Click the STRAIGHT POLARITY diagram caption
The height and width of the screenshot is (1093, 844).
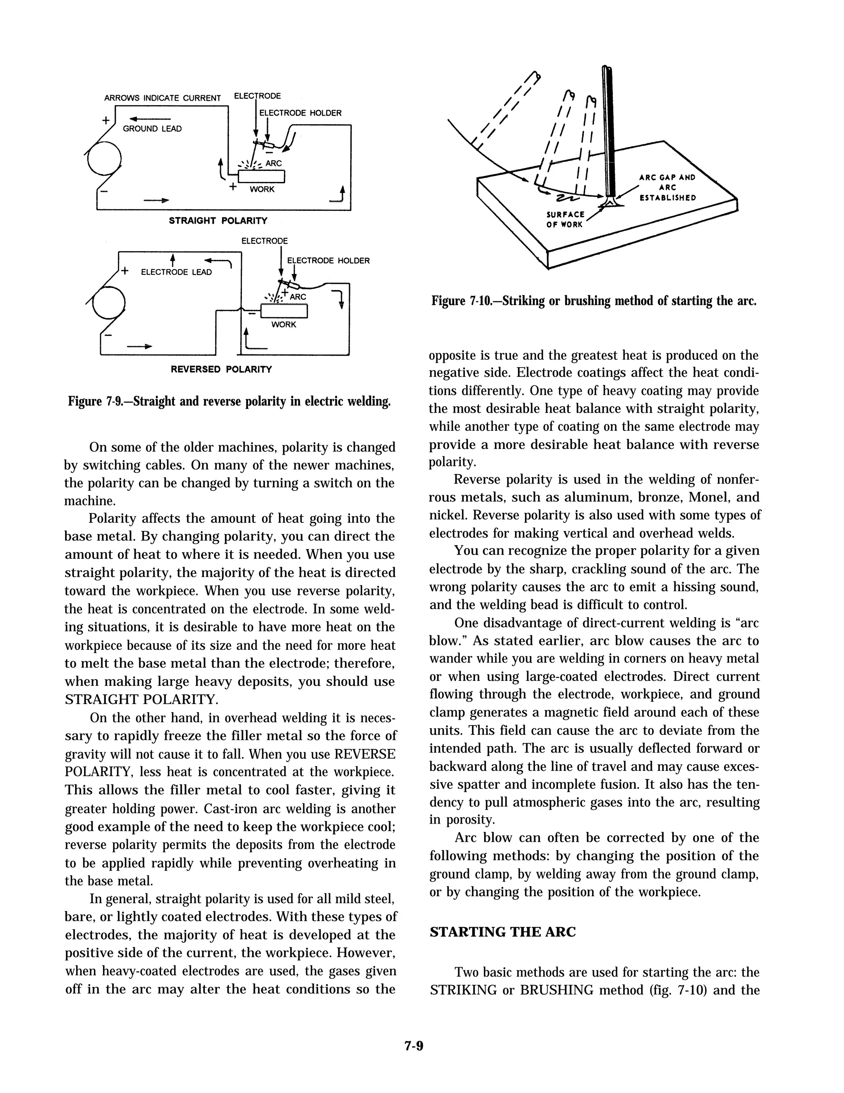click(x=218, y=221)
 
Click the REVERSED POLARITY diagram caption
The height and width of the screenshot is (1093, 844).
click(x=221, y=369)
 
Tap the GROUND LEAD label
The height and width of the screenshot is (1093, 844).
click(x=152, y=129)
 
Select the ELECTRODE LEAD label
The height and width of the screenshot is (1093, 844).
click(x=176, y=272)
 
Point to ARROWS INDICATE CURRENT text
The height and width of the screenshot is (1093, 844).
click(x=162, y=98)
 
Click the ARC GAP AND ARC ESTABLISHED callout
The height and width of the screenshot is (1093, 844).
click(x=667, y=187)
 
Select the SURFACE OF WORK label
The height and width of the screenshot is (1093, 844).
click(x=565, y=219)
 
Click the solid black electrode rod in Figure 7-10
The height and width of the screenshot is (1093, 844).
click(x=608, y=135)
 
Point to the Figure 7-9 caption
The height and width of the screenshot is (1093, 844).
click(x=229, y=401)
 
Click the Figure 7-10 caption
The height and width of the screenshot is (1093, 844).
click(x=593, y=301)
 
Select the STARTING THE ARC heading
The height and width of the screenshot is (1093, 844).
click(x=502, y=932)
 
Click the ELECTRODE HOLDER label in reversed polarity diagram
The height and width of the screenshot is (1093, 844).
click(x=328, y=261)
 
